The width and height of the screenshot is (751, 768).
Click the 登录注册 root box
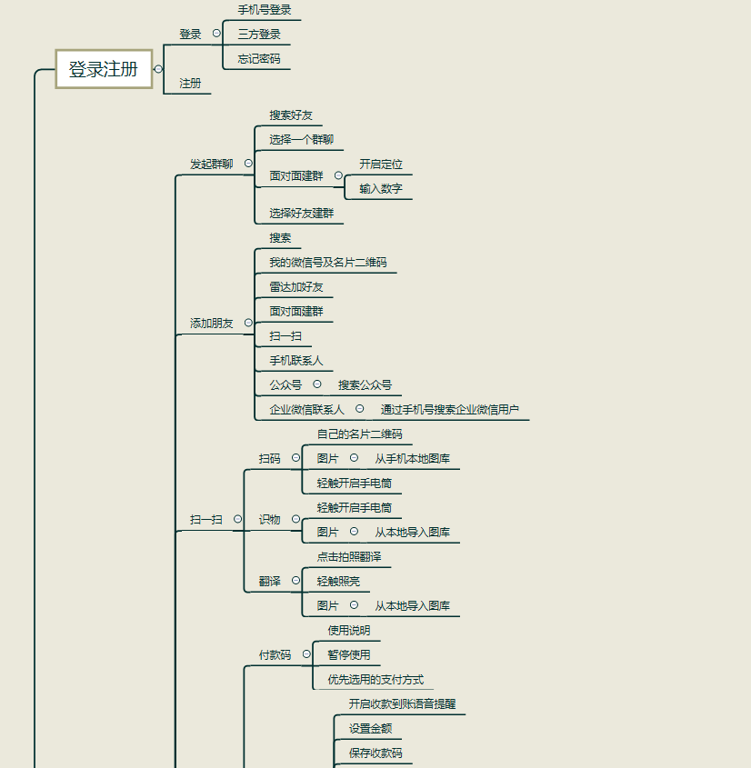pos(104,69)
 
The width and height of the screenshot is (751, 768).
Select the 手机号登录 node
pos(265,10)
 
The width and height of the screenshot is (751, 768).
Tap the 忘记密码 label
pos(259,59)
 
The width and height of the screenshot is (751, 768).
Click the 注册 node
pos(190,84)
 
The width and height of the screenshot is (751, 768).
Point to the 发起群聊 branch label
pos(211,165)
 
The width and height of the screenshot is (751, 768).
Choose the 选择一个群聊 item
pos(301,140)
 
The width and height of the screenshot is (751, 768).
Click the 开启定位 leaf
pos(381,165)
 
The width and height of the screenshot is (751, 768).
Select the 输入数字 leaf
pos(381,189)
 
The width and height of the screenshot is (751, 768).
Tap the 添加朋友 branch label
pos(211,324)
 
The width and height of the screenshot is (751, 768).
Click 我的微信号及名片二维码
pos(327,263)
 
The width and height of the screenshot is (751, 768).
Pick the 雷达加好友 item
pos(295,287)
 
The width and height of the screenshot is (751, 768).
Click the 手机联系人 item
pos(295,361)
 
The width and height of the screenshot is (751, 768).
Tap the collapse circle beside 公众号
pos(317,384)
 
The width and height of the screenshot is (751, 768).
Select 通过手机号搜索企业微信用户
pos(450,410)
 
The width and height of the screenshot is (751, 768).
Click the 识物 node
pos(270,520)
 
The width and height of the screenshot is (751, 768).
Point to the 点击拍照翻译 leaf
pos(349,556)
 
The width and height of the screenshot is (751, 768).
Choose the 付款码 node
pos(275,654)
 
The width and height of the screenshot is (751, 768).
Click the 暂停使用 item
pos(349,654)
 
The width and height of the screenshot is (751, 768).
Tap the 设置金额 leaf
pos(371,728)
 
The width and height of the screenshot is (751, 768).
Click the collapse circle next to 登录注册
pos(158,69)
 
